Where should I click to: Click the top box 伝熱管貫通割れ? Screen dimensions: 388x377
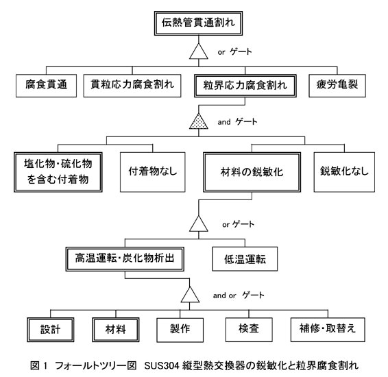pos(198,23)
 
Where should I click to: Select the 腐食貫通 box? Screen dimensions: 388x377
pos(47,86)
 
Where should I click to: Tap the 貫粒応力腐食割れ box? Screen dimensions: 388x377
pos(132,86)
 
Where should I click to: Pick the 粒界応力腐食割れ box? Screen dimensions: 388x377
pos(245,86)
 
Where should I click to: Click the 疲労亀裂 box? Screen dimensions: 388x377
pos(337,86)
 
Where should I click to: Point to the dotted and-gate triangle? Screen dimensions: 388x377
pos(198,121)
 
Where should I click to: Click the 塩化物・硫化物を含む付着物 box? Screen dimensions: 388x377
pos(58,172)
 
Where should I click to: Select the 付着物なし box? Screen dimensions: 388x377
pos(153,172)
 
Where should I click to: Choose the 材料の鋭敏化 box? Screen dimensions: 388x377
pos(252,172)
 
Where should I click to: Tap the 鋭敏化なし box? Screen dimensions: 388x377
pos(344,172)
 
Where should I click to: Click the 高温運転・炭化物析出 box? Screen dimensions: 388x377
pos(125,259)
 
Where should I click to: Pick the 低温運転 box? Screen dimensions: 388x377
pos(245,259)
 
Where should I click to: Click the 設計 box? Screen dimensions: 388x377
pos(51,330)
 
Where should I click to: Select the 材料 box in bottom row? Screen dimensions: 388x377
pos(116,330)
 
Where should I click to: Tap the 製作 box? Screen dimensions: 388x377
pos(180,330)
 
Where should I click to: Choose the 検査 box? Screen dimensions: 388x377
pos(249,330)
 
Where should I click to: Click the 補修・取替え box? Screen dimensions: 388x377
pos(328,330)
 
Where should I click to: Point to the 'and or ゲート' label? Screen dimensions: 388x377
pos(239,295)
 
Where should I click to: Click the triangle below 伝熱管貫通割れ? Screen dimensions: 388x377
pos(198,51)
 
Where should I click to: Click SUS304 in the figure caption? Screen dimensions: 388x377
pos(162,365)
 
